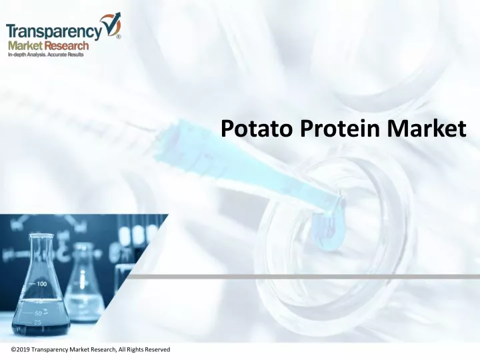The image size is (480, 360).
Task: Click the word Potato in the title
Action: tap(257, 129)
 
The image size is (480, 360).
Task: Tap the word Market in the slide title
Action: tap(427, 129)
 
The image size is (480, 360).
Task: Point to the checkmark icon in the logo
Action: tap(112, 25)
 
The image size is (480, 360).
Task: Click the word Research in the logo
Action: tap(66, 46)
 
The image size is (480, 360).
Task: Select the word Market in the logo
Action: tap(25, 46)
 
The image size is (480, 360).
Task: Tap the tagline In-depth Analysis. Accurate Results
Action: tap(45, 55)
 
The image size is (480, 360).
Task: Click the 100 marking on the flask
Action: tap(42, 284)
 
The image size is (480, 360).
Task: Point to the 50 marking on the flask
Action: tap(38, 313)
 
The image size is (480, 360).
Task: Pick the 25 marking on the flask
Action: tap(37, 323)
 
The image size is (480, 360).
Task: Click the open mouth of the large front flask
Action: tap(41, 236)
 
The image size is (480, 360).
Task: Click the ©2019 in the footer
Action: tap(21, 349)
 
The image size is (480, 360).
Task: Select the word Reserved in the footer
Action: tap(157, 349)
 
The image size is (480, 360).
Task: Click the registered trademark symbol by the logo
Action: tap(119, 37)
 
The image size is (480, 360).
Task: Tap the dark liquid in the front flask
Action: tap(41, 317)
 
